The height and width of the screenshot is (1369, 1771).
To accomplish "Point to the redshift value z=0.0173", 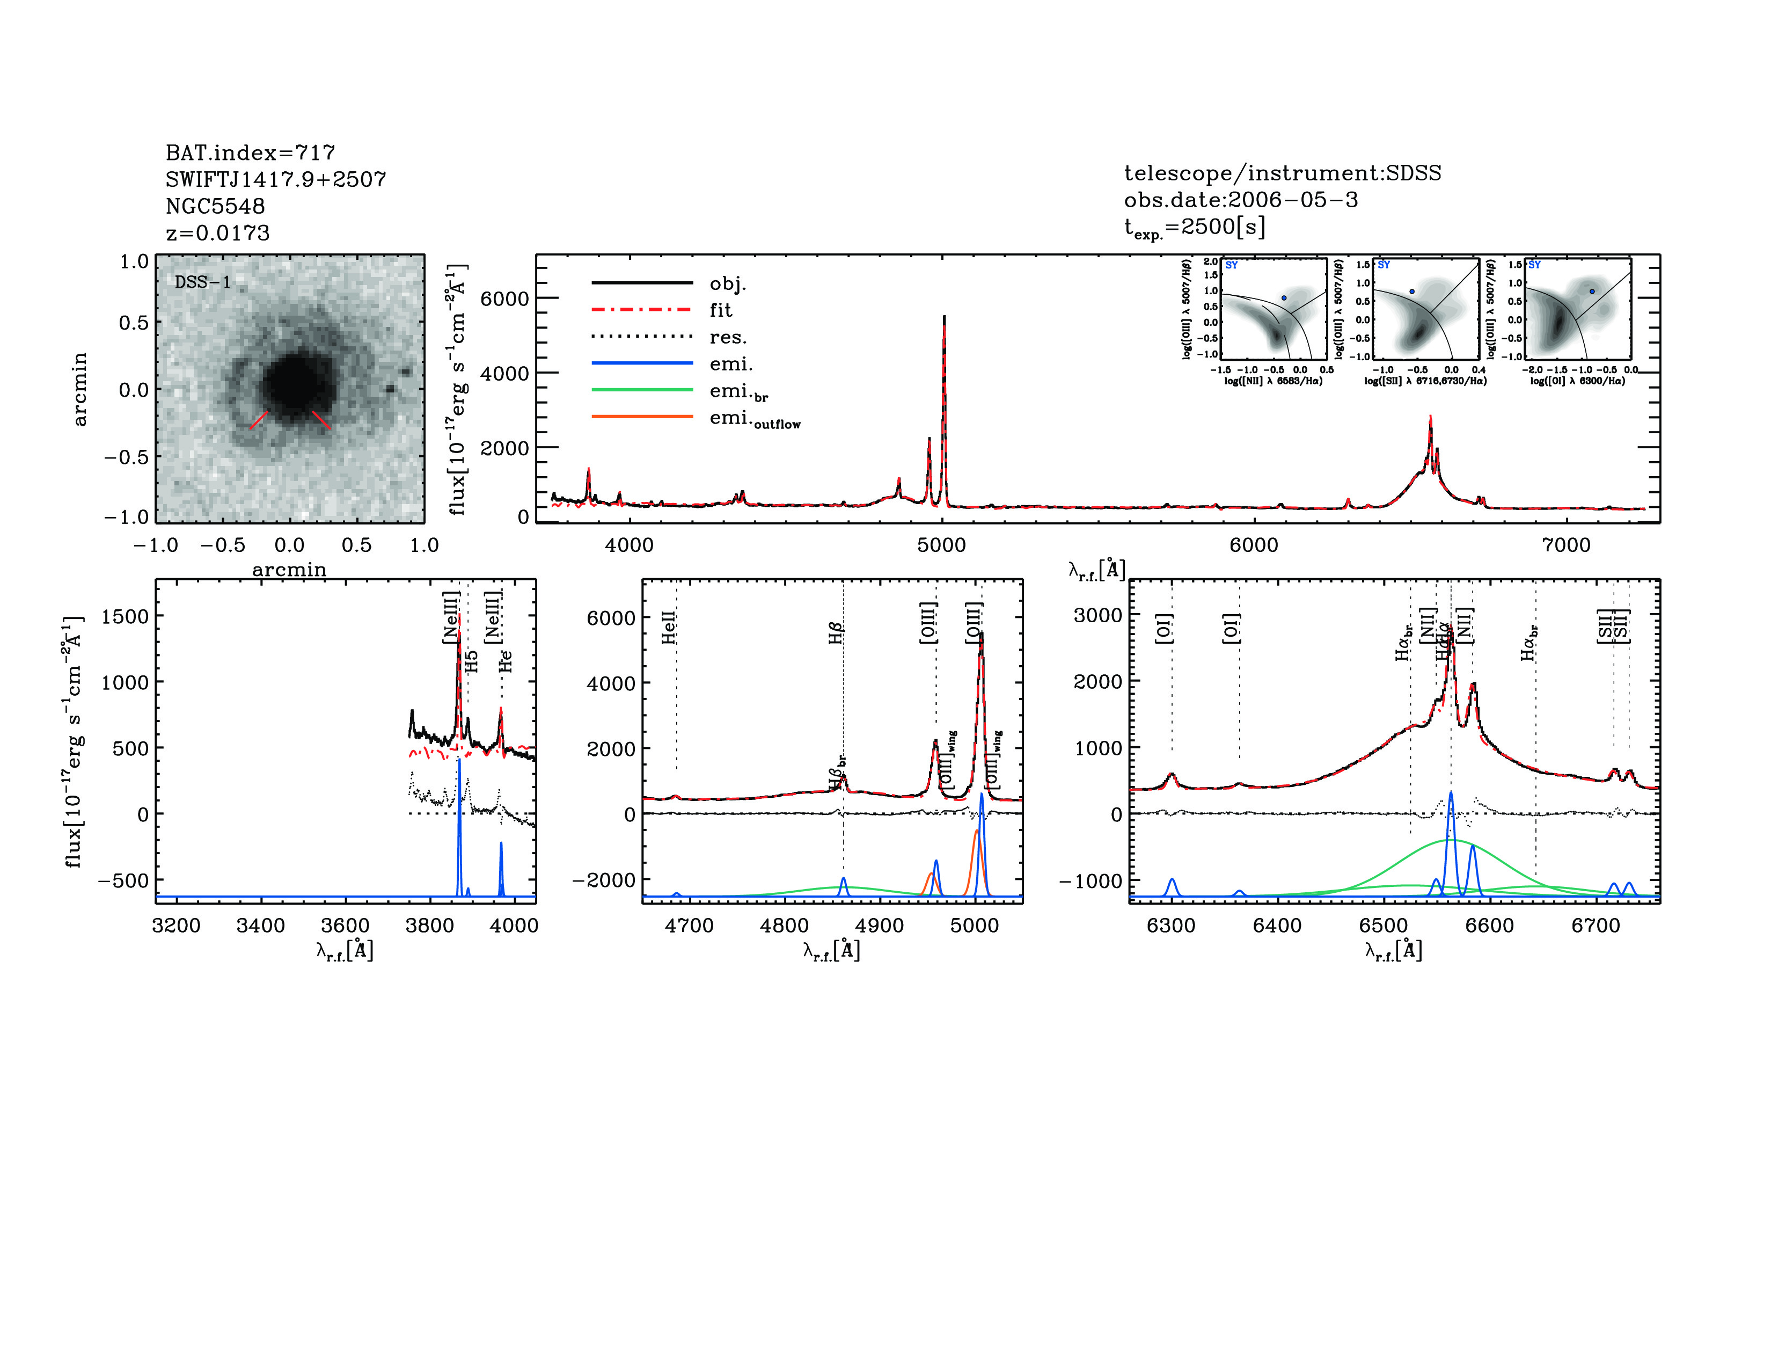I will pyautogui.click(x=217, y=233).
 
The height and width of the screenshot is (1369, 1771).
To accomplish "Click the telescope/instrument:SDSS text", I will pyautogui.click(x=1282, y=173).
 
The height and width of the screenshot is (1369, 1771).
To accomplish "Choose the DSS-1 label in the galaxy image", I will pyautogui.click(x=203, y=282).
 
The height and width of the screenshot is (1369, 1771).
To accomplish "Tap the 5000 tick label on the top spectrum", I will pyautogui.click(x=941, y=545).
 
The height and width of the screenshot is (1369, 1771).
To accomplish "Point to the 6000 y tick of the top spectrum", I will pyautogui.click(x=504, y=298).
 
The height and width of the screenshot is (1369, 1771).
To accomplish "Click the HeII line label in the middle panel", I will pyautogui.click(x=668, y=628).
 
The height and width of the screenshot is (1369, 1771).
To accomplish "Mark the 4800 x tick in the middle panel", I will pyautogui.click(x=784, y=926).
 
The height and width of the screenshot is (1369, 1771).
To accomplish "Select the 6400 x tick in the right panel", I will pyautogui.click(x=1277, y=926).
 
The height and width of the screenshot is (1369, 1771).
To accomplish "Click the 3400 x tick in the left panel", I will pyautogui.click(x=260, y=926).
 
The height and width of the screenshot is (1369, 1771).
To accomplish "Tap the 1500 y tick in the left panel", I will pyautogui.click(x=125, y=616).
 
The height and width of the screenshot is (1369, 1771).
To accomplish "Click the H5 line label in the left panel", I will pyautogui.click(x=472, y=661).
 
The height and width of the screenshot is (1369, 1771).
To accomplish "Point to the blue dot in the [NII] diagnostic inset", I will pyautogui.click(x=1284, y=297).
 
